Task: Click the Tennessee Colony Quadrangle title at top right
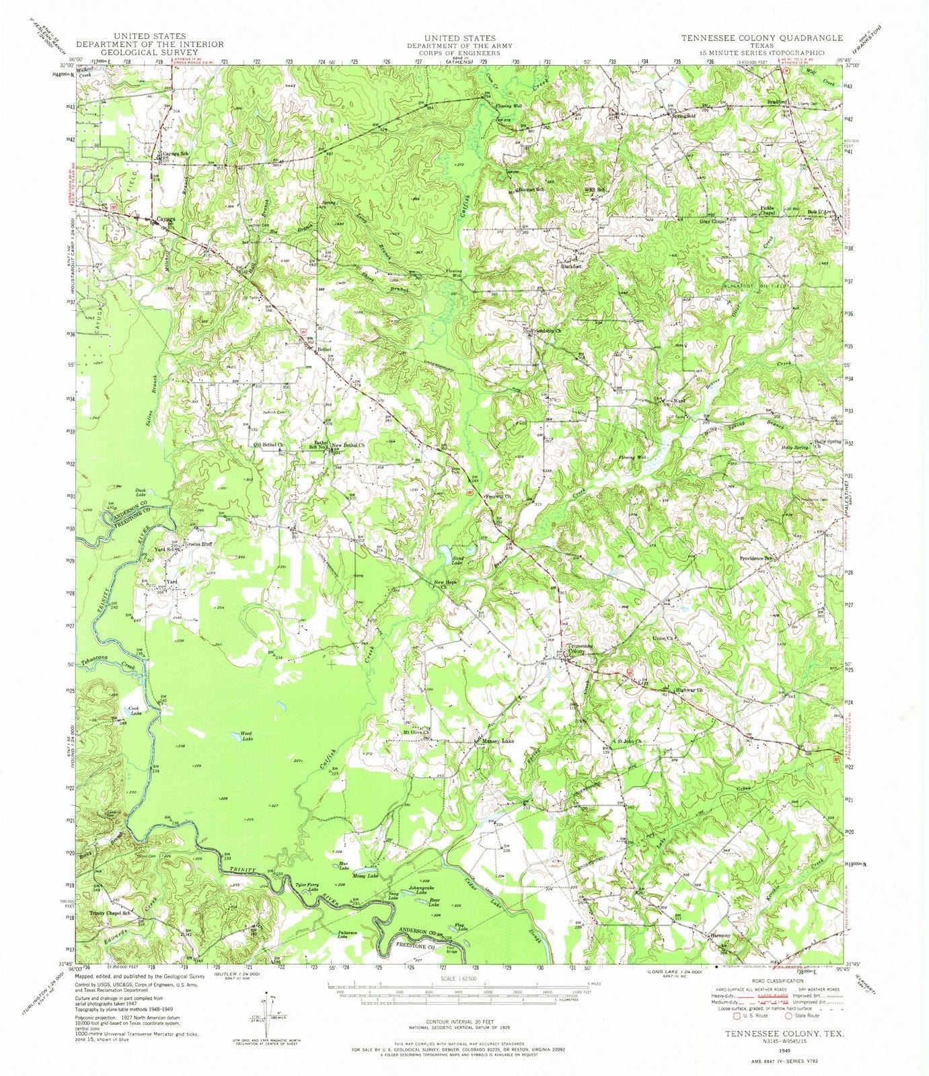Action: click(x=761, y=38)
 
